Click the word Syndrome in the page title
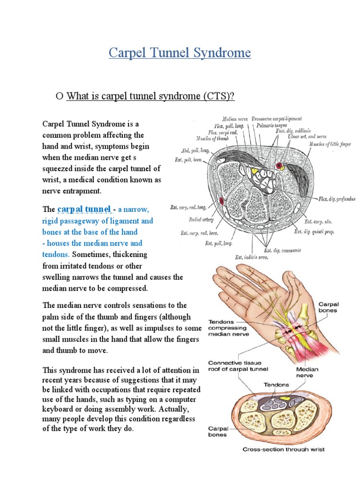coord(221,53)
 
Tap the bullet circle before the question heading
coord(59,97)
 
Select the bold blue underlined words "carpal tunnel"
coord(84,209)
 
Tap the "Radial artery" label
coord(202,219)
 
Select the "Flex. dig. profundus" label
coord(337,199)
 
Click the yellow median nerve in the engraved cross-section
coord(255,171)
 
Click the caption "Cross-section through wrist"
coord(283,450)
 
